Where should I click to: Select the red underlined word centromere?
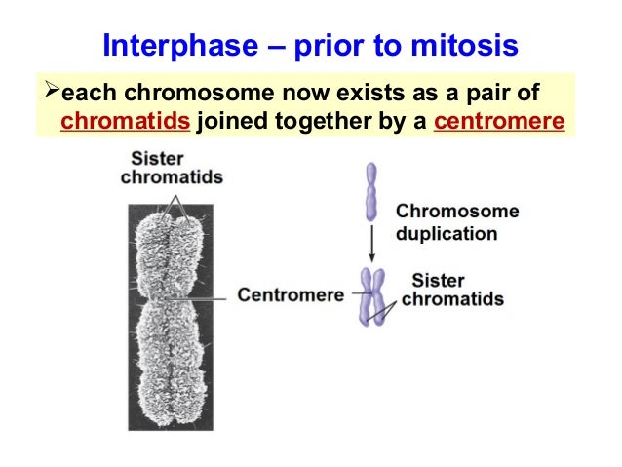pos(504,124)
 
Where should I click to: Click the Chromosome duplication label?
pos(456,222)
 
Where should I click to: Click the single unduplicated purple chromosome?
pos(369,192)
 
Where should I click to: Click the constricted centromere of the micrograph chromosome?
pos(171,293)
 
